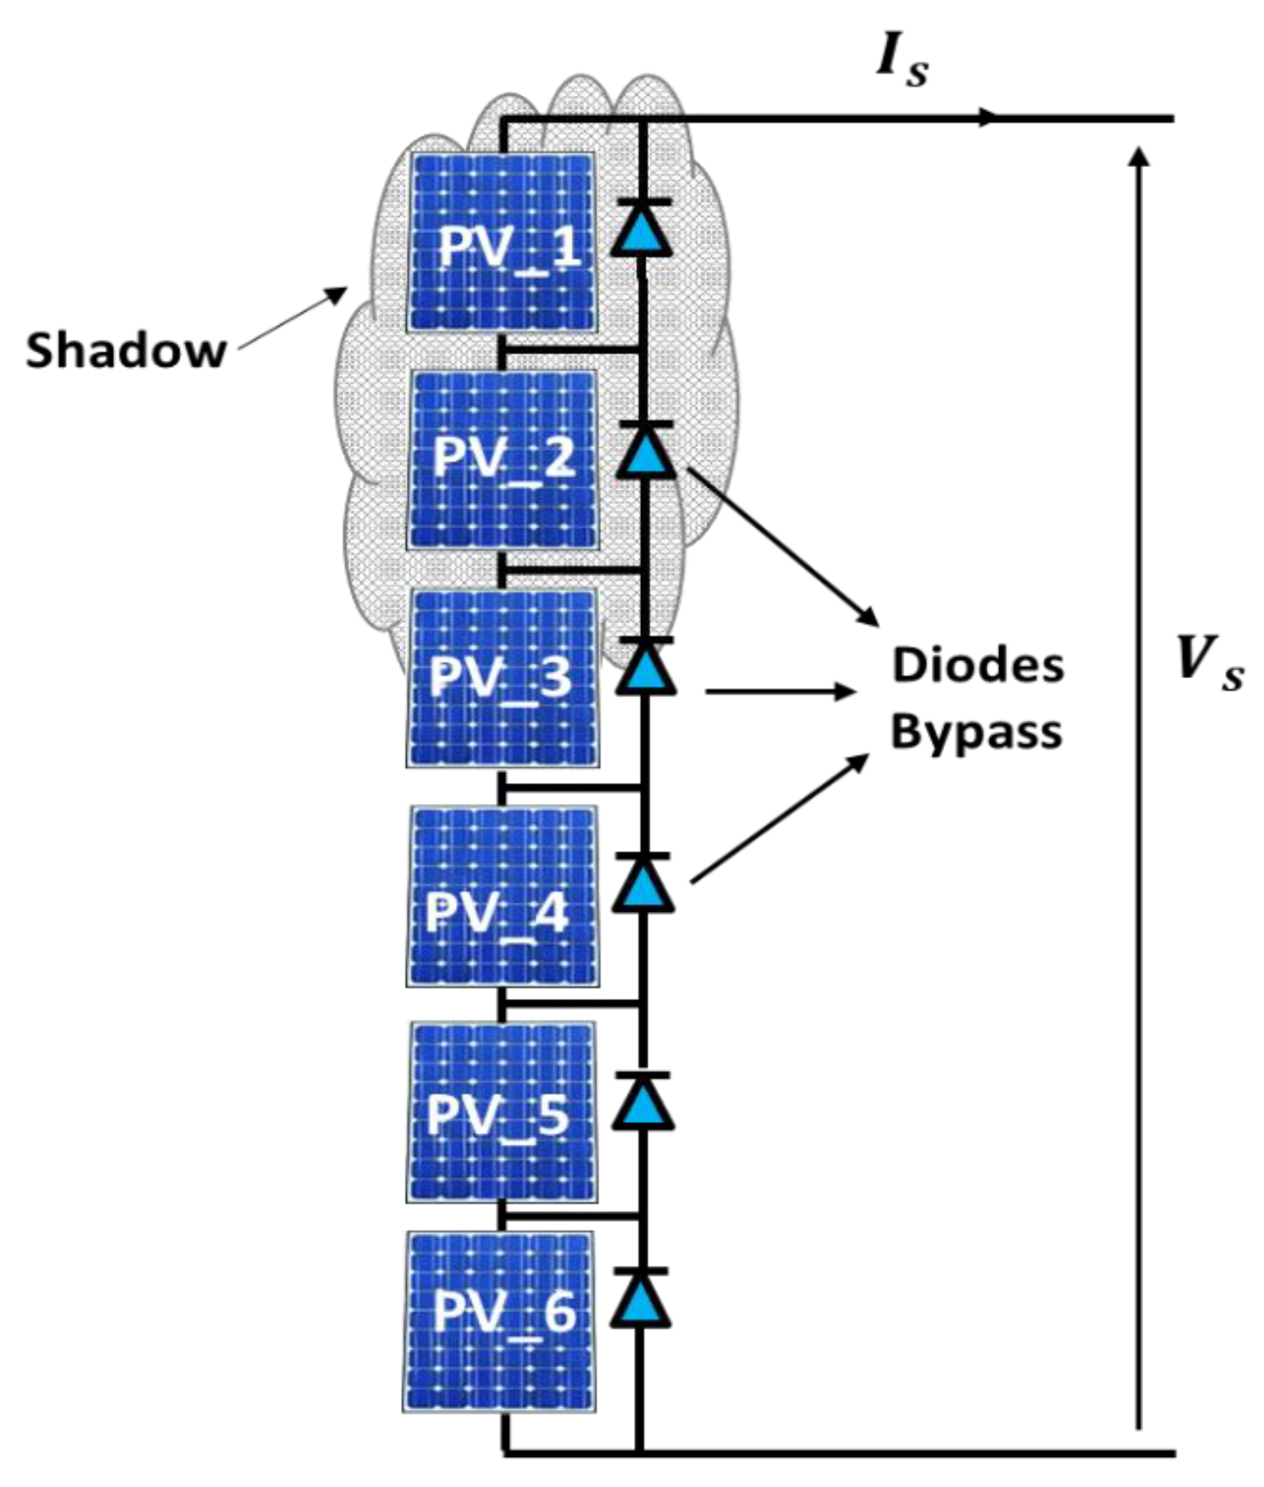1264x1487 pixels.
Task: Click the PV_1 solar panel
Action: (x=501, y=241)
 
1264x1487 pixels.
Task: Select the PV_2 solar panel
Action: (x=501, y=458)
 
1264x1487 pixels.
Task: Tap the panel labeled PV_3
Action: (x=501, y=677)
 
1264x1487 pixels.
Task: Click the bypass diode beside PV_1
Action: (x=641, y=231)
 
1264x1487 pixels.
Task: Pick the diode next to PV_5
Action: (x=642, y=1104)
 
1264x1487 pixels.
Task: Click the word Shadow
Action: (x=126, y=352)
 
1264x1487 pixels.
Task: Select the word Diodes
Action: (x=978, y=666)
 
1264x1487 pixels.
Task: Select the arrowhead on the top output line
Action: (x=988, y=118)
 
